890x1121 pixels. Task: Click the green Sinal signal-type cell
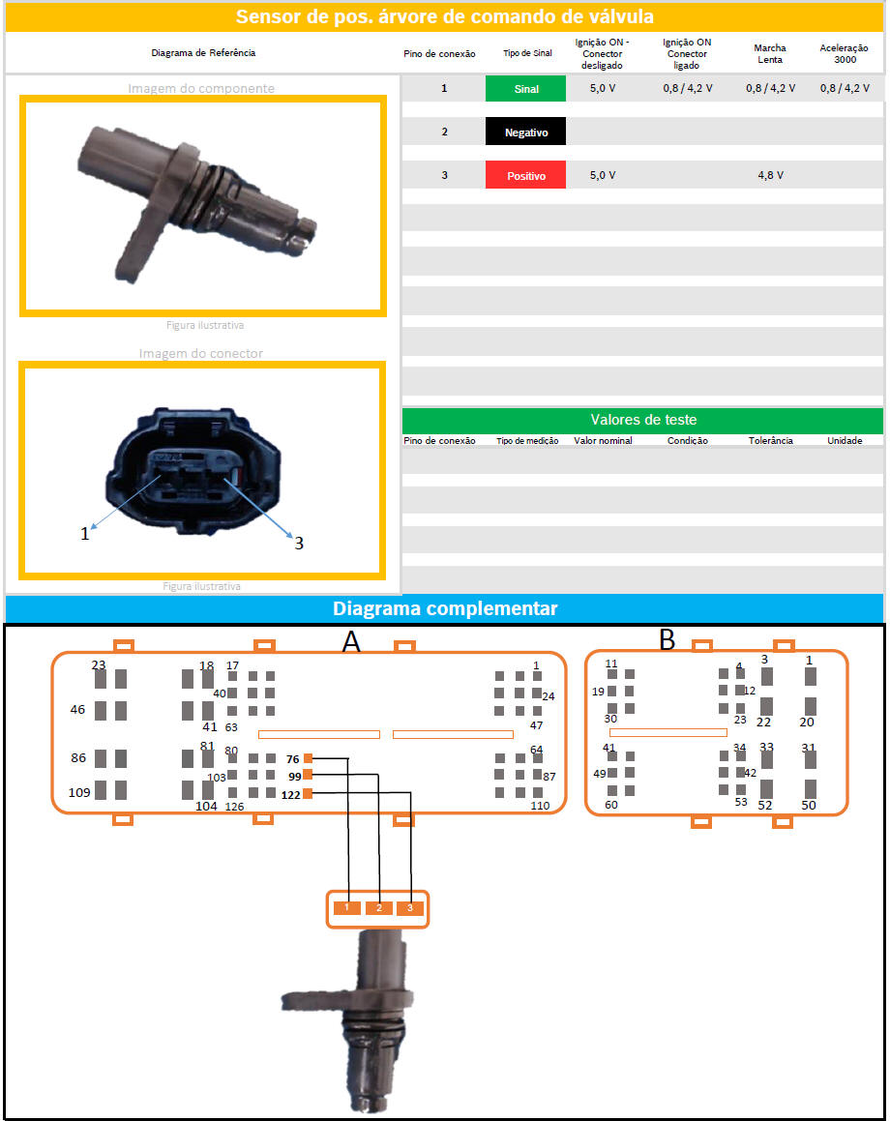pyautogui.click(x=525, y=88)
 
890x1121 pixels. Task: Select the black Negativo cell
pyautogui.click(x=525, y=132)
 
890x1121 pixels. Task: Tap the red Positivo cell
pyautogui.click(x=525, y=176)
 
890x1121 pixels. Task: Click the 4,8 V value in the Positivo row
pyautogui.click(x=770, y=176)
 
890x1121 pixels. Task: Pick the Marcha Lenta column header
pyautogui.click(x=770, y=53)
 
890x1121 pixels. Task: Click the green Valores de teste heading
pyautogui.click(x=642, y=420)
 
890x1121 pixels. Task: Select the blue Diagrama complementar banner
pyautogui.click(x=445, y=608)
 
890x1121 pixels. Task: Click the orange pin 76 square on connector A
pyautogui.click(x=309, y=758)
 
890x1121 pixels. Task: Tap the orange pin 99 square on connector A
pyautogui.click(x=309, y=776)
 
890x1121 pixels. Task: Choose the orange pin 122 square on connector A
pyautogui.click(x=309, y=794)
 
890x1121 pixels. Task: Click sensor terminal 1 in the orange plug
pyautogui.click(x=346, y=908)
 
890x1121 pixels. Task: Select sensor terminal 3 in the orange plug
pyautogui.click(x=410, y=908)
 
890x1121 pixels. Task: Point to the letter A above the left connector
pyautogui.click(x=351, y=641)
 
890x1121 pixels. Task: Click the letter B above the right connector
pyautogui.click(x=667, y=639)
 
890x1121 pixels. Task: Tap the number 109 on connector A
pyautogui.click(x=79, y=792)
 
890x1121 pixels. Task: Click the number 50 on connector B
pyautogui.click(x=809, y=805)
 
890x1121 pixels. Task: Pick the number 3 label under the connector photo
pyautogui.click(x=299, y=544)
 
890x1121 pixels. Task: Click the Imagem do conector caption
pyautogui.click(x=201, y=353)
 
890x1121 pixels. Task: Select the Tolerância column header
pyautogui.click(x=771, y=441)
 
